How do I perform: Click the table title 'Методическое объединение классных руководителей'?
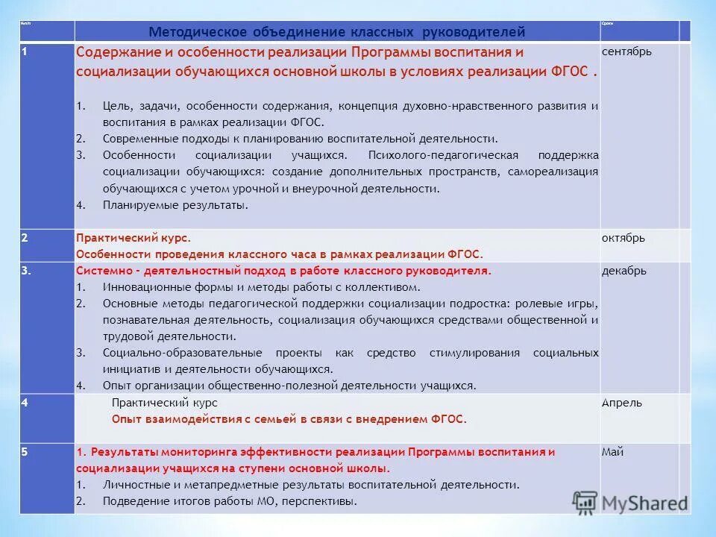[337, 32]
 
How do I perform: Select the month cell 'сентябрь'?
[626, 51]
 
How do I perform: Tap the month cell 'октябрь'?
[624, 238]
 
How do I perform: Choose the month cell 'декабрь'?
[624, 270]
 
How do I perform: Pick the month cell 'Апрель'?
[622, 403]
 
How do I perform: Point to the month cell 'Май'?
[613, 451]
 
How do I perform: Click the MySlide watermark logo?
[630, 502]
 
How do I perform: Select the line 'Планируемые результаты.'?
[175, 204]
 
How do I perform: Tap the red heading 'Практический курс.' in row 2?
[134, 238]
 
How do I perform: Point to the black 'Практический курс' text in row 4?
[164, 403]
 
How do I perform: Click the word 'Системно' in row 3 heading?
[101, 271]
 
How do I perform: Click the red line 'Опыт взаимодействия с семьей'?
[289, 419]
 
